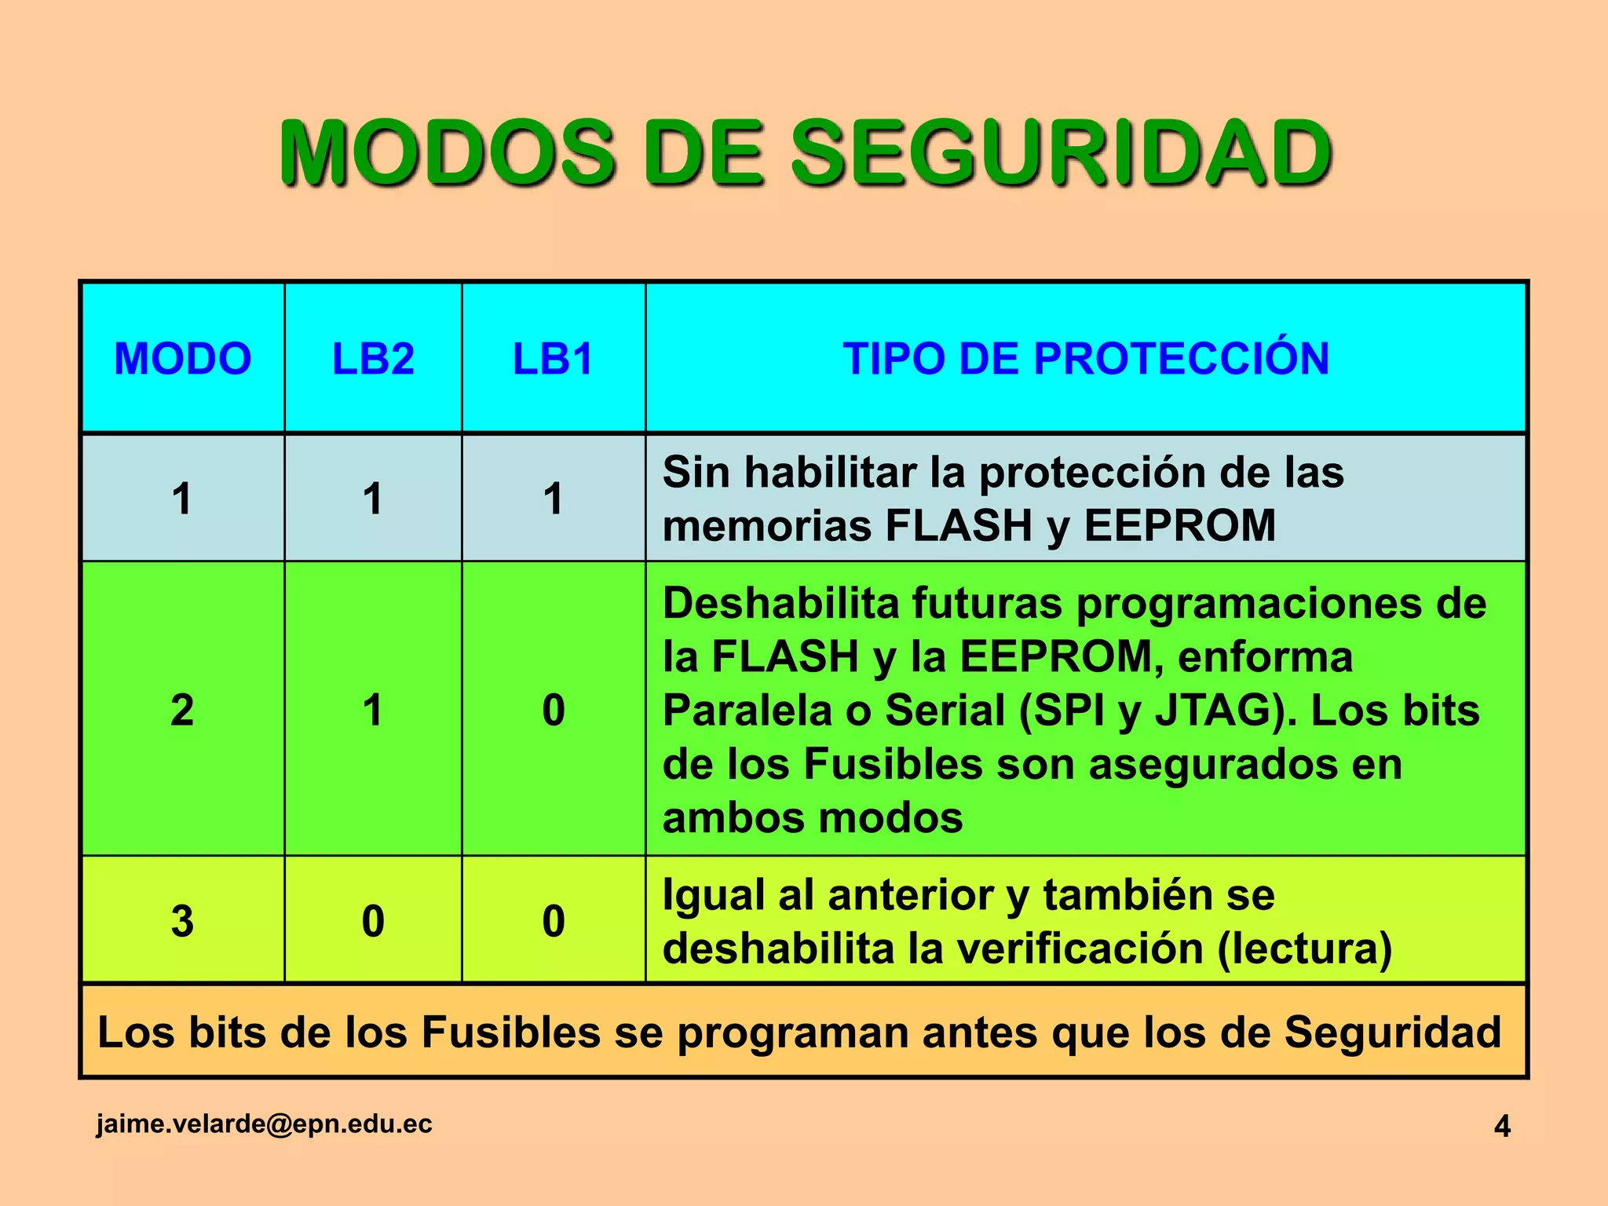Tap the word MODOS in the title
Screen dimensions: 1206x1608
[x=446, y=153]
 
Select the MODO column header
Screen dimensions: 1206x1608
[x=183, y=359]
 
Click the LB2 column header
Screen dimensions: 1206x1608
[x=373, y=359]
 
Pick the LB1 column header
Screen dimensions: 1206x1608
[x=553, y=359]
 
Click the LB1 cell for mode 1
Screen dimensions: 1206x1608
[x=553, y=499]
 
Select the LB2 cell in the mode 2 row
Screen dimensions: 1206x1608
[x=373, y=710]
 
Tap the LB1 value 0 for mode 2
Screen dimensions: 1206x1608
[x=553, y=710]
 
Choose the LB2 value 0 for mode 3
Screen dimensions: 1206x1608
[x=373, y=920]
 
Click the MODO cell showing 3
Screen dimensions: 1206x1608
[x=182, y=920]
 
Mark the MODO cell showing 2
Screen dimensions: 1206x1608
[x=182, y=710]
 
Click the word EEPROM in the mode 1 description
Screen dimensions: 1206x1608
[x=1179, y=525]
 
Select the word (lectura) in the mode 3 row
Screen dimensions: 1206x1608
[x=1304, y=948]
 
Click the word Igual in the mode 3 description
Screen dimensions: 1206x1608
[x=713, y=895]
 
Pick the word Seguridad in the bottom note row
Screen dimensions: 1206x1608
[x=1392, y=1032]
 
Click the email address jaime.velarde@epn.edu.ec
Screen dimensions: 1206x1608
[x=264, y=1124]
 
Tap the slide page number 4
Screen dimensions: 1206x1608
[x=1501, y=1126]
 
